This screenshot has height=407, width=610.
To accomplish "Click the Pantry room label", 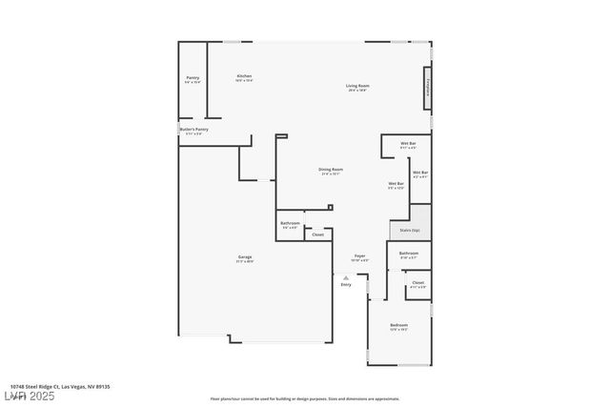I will [x=193, y=78].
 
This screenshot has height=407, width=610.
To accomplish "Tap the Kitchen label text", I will [x=244, y=78].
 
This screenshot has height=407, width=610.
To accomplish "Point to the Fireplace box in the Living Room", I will [x=428, y=88].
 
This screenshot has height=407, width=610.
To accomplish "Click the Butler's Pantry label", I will [x=193, y=131].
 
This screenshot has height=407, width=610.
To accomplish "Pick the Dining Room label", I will [x=332, y=172].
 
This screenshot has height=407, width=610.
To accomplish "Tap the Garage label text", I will [x=245, y=258].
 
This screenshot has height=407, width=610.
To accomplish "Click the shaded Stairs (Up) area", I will [x=410, y=230].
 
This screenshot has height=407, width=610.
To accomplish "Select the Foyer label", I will [x=360, y=257].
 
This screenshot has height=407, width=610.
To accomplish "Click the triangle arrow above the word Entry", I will [x=346, y=277].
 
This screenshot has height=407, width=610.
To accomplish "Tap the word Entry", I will [x=346, y=284].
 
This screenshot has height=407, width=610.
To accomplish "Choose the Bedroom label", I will [x=398, y=327].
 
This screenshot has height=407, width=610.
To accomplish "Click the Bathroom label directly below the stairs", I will [x=409, y=254].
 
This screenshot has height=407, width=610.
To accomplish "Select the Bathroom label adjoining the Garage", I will [x=290, y=225].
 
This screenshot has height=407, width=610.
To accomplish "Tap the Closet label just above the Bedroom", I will [x=417, y=284].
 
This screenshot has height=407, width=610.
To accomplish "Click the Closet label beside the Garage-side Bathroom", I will [x=317, y=234].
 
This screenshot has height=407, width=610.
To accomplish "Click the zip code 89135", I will [x=105, y=386].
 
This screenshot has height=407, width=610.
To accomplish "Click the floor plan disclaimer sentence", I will [x=305, y=398].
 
